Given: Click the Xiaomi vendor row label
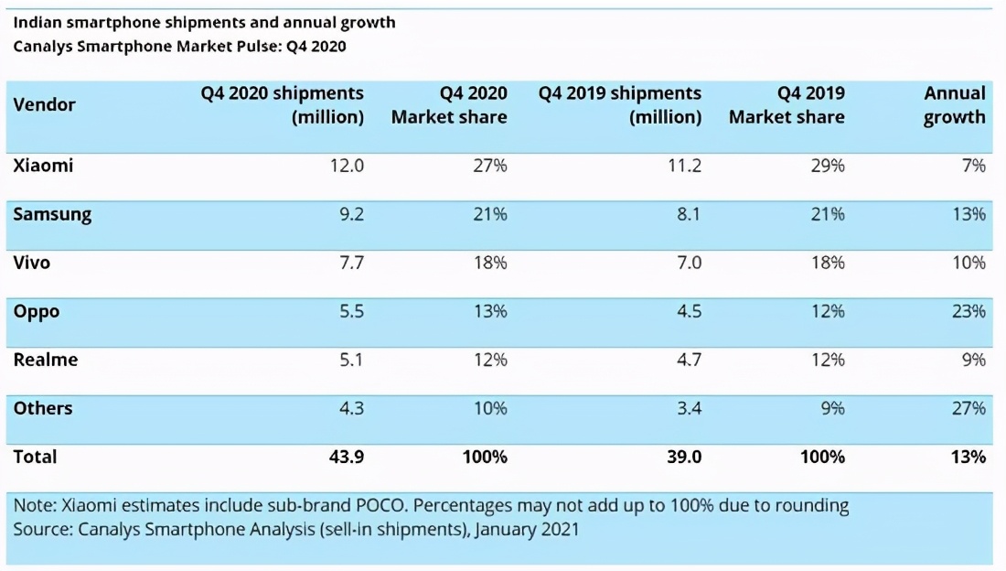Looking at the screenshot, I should click(43, 166).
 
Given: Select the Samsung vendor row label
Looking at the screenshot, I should click(52, 214).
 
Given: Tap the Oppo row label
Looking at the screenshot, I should click(37, 311).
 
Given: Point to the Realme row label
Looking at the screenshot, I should click(46, 360).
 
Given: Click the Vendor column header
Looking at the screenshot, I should click(45, 104).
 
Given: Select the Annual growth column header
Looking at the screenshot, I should click(954, 105).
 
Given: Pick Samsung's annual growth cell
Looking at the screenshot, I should click(968, 214).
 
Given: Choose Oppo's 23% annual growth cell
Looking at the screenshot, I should click(968, 311).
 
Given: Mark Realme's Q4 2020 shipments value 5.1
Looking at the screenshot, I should click(349, 360).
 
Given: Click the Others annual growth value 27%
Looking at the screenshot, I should click(968, 408).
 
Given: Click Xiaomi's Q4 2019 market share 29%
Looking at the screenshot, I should click(827, 166).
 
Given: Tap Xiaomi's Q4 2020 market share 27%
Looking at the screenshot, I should click(489, 166).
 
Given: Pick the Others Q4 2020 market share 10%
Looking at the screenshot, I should click(489, 408).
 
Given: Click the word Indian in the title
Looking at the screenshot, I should click(37, 22).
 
